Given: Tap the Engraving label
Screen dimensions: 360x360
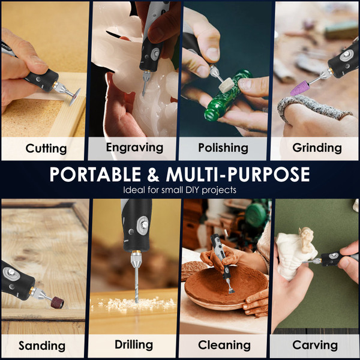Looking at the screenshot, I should [x=134, y=147].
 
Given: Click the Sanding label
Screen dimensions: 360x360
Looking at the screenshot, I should [x=42, y=346].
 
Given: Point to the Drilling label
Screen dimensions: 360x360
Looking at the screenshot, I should [x=134, y=345].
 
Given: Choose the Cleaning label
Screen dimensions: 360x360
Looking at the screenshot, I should [x=225, y=345].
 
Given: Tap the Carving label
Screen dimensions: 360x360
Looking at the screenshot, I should [x=315, y=345].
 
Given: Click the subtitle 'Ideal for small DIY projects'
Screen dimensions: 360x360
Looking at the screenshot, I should [x=179, y=190].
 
